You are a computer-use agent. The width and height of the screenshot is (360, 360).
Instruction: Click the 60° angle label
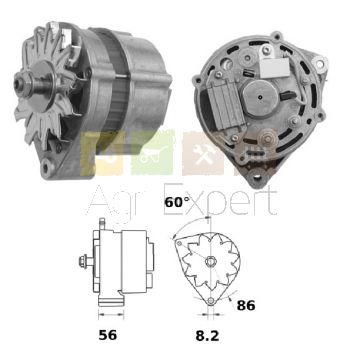pos(177,202)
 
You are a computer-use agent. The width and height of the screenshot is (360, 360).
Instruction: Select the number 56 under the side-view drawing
pos(108,335)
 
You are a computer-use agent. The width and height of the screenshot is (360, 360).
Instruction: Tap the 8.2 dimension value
pos(207,336)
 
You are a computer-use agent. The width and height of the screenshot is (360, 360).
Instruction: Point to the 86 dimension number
pos(246,305)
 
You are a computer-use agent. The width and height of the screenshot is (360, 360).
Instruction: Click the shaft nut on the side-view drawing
pos(83,260)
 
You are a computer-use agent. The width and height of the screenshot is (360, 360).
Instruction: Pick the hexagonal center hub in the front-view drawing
pos(210,261)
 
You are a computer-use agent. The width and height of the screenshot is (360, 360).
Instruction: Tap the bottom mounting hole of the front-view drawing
pos(211,301)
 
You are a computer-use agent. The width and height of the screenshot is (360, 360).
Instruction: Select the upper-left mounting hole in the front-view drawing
pos(180,243)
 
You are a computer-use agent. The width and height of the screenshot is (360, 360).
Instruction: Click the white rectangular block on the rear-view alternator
pos(274,68)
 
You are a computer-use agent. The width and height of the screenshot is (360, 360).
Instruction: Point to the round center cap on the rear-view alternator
pos(259,97)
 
